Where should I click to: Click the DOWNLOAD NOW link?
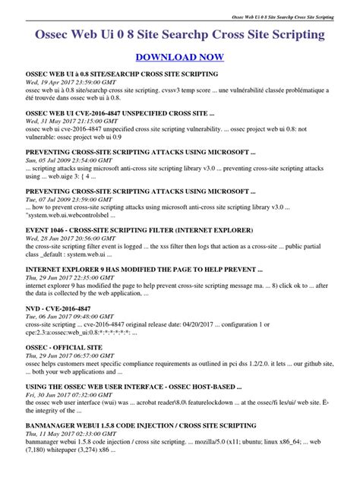click(x=179, y=57)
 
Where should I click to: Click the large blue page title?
click(x=180, y=35)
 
